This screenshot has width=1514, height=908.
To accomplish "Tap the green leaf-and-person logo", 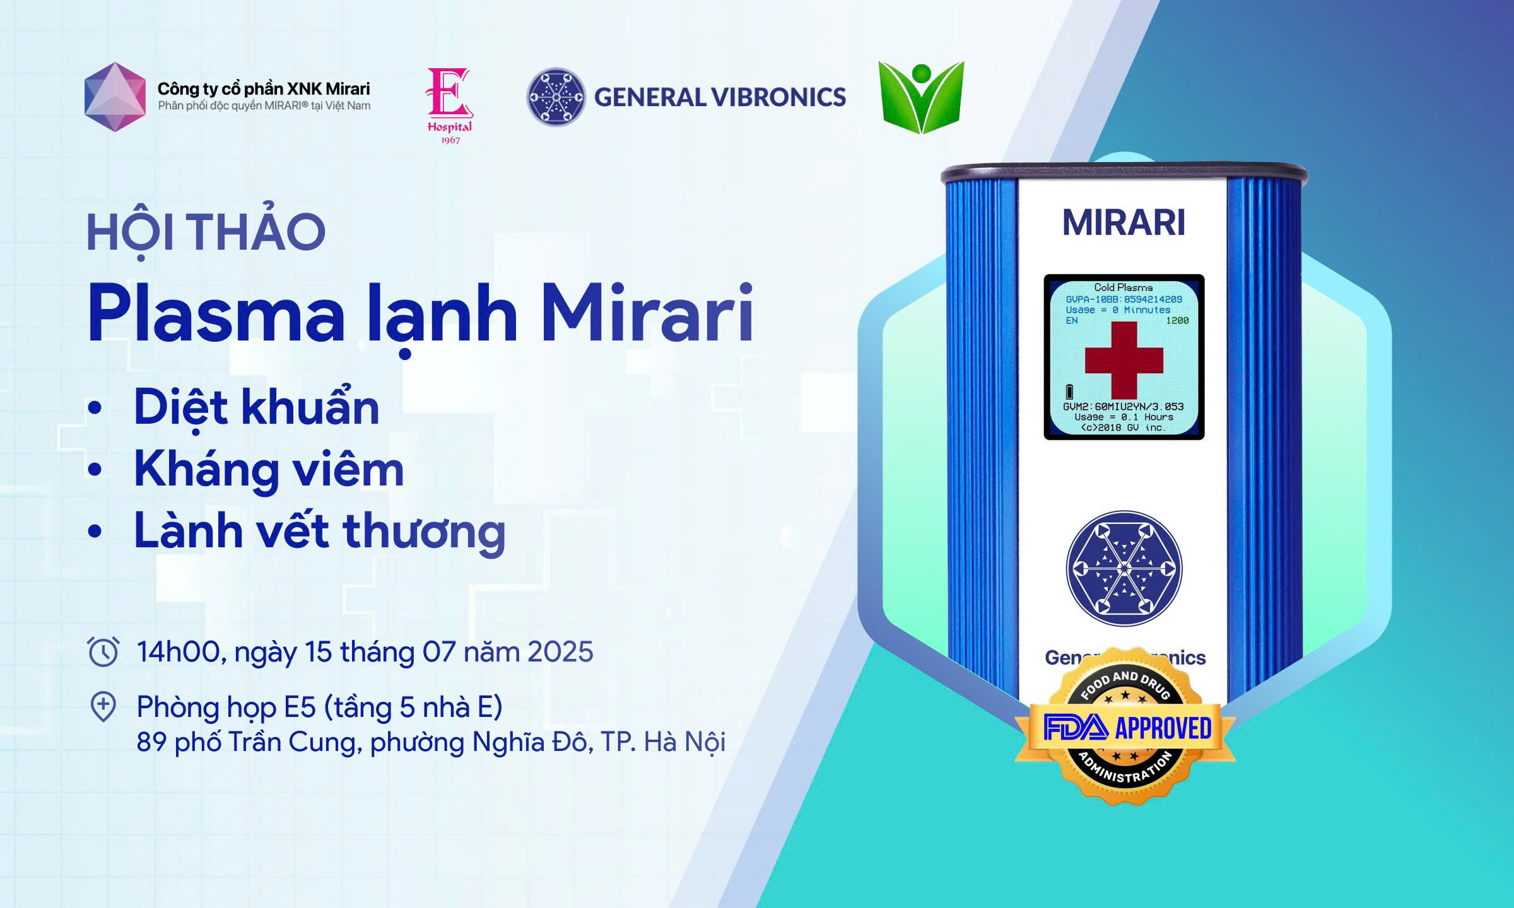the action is tap(921, 97).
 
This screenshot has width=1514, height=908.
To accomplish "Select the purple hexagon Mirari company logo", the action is tap(115, 97).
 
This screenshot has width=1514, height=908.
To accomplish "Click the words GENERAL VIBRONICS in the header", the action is tap(720, 97).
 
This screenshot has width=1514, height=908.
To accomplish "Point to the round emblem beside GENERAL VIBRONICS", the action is tap(556, 97).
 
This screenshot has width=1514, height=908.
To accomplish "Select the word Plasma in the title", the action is tap(216, 313).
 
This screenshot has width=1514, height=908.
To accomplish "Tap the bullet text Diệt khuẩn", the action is tap(257, 407).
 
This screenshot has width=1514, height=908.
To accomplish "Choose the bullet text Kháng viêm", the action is tap(269, 469).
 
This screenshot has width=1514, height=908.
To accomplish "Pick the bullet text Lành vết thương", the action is tap(320, 531).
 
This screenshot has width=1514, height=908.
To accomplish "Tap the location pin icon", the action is tap(103, 707).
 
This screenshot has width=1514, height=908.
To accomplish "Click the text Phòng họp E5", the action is tap(226, 707).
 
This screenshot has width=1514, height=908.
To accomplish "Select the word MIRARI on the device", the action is tap(1124, 223).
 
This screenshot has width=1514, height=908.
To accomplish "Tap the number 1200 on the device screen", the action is tap(1177, 320).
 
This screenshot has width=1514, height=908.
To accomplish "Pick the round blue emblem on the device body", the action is tap(1124, 569).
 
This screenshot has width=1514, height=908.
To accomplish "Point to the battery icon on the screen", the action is tap(1069, 392).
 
